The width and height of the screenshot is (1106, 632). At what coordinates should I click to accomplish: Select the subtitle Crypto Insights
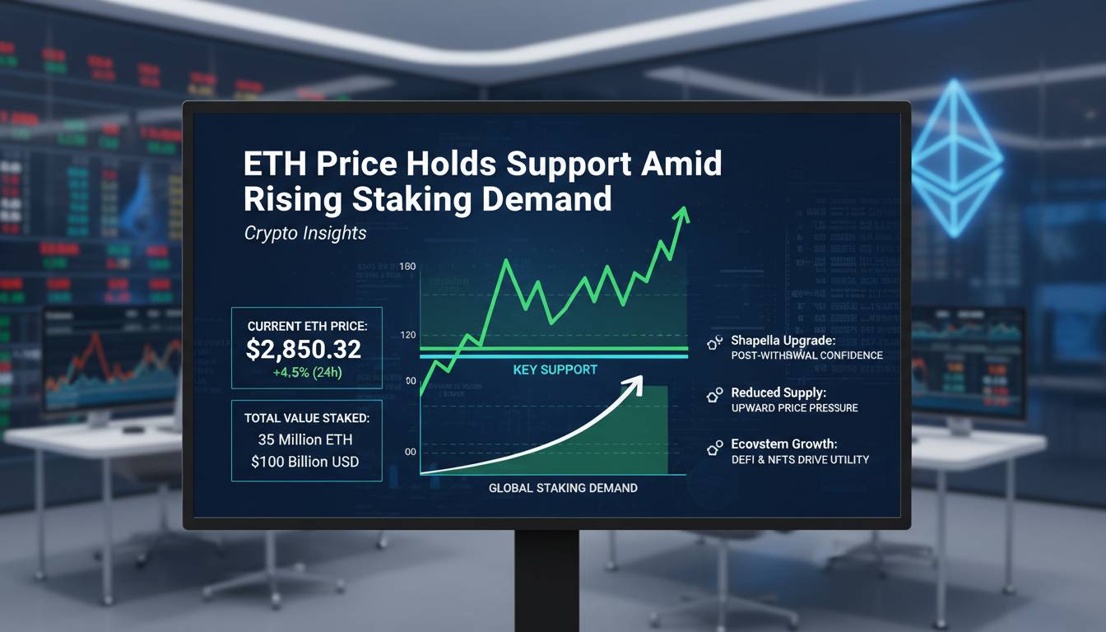(305, 234)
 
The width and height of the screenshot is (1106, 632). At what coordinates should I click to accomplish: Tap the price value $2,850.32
(304, 349)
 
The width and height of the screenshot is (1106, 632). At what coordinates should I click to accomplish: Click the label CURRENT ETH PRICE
(307, 327)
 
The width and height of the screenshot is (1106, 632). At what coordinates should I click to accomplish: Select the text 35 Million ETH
(306, 440)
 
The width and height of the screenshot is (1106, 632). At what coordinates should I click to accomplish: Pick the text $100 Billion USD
(305, 462)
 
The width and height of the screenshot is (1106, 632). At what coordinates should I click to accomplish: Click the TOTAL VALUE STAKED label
(307, 418)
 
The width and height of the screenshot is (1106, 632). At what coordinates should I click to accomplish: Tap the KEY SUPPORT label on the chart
(555, 369)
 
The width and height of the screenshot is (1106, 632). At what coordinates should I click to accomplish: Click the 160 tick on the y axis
(407, 267)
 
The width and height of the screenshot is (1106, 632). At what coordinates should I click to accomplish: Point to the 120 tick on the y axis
(407, 336)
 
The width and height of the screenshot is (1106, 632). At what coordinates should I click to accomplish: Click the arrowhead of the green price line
(681, 214)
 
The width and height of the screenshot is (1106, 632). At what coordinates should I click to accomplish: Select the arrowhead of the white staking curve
(635, 382)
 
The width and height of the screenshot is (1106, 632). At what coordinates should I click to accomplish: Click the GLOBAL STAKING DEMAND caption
(563, 488)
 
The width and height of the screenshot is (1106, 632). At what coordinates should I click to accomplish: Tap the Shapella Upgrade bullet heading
(783, 340)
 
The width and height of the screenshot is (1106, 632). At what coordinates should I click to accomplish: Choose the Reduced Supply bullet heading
(778, 393)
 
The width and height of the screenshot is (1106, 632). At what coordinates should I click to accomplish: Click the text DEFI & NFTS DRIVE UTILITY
(800, 459)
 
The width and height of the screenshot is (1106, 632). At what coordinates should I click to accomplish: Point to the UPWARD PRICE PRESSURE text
(794, 408)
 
